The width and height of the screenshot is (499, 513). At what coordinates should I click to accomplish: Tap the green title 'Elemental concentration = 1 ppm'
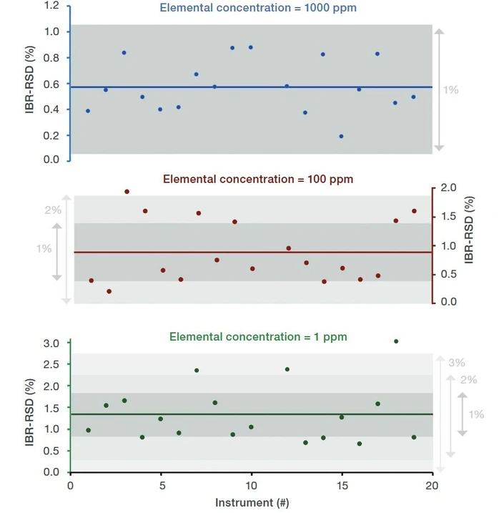click(258, 336)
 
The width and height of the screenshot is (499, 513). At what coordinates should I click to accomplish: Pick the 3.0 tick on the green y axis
click(51, 343)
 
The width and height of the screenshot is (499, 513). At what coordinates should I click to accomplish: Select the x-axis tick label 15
click(342, 484)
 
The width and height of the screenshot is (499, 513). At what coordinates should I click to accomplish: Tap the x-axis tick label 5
click(161, 484)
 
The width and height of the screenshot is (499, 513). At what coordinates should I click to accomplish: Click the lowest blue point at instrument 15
click(341, 136)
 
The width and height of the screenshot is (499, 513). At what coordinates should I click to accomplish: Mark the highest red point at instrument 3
click(127, 192)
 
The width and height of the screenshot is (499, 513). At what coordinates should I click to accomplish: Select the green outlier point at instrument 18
click(396, 341)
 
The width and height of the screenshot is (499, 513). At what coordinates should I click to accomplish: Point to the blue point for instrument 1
click(88, 111)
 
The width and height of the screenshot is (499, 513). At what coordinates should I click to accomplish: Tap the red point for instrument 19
click(414, 211)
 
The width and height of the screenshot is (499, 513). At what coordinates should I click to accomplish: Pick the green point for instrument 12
click(287, 369)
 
